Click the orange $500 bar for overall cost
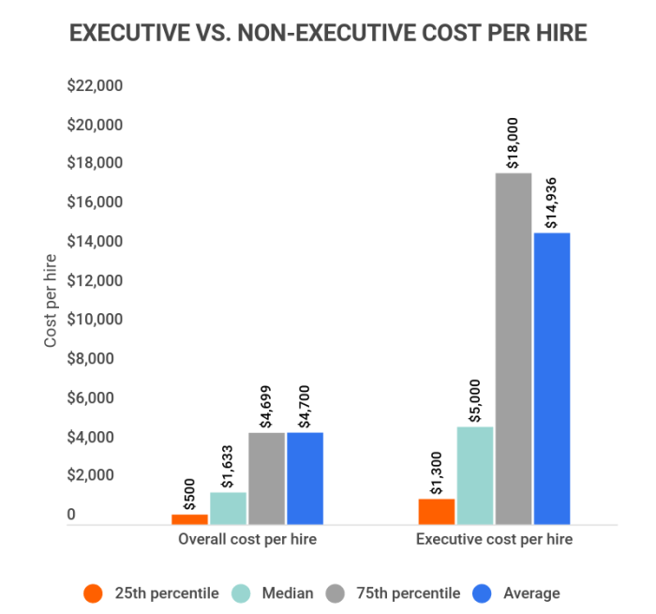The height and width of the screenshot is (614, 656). click(190, 519)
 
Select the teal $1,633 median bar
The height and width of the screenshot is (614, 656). click(229, 508)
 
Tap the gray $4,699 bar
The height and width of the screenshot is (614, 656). click(267, 478)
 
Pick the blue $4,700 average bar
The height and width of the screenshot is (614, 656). click(306, 478)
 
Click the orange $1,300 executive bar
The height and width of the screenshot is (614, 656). click(437, 512)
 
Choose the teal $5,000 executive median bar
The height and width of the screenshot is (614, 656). click(475, 475)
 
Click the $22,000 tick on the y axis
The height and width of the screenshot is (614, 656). click(96, 85)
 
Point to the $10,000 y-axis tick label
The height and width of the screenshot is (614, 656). click(96, 320)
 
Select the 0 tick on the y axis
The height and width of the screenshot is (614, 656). click(71, 515)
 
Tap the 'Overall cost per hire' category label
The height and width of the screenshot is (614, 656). click(247, 540)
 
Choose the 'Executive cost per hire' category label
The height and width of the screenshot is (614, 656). click(494, 540)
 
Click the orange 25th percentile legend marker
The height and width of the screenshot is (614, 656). click(93, 593)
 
